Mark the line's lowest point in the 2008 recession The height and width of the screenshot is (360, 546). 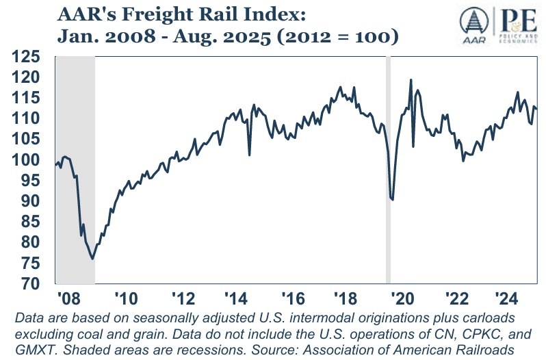tap(92, 258)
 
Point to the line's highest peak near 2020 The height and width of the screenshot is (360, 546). tap(411, 80)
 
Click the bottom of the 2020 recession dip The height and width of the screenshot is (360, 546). tap(392, 200)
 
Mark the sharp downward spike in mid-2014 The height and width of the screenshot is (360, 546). tap(249, 155)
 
